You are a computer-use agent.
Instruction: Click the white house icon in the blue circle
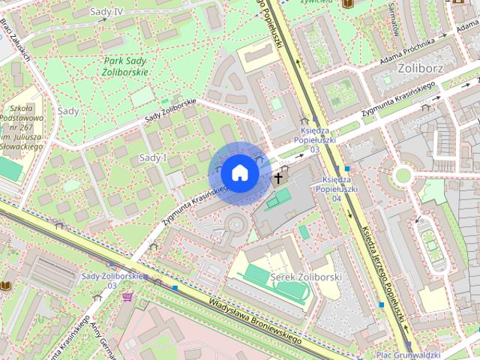pos(239,173)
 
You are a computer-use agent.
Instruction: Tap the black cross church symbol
pos(278,178)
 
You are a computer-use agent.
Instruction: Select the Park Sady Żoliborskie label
pos(125,66)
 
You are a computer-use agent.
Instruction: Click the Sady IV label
pos(106,12)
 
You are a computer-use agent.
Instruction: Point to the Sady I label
pos(153,157)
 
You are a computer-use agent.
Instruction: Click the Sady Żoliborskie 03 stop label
pos(111,280)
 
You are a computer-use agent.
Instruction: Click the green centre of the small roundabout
pos(403,175)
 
